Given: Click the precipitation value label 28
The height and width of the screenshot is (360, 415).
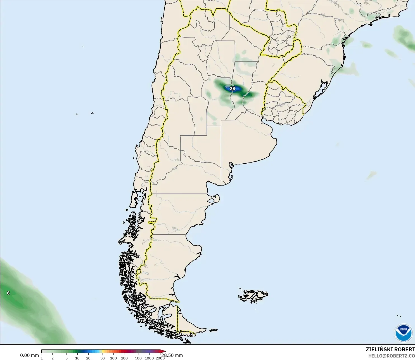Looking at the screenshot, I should point(233,89).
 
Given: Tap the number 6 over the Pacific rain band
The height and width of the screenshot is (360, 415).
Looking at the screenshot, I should point(8,293).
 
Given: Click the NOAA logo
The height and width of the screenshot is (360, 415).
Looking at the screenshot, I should point(403,333).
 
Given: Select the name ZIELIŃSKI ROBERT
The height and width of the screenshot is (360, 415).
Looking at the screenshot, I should point(390,349).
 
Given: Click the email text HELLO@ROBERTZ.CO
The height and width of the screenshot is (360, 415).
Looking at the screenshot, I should point(391,356).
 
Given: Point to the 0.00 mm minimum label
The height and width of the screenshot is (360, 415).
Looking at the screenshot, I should point(29,355).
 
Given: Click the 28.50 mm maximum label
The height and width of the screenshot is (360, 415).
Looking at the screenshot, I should point(172,355).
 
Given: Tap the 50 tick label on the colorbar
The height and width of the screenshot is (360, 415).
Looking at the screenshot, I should point(102,358).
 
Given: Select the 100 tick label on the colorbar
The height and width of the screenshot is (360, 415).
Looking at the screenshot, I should point(113,358).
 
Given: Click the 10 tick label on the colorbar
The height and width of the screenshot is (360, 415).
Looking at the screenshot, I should point(77,358).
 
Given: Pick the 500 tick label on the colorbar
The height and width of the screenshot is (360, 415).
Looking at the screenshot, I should point(138,358).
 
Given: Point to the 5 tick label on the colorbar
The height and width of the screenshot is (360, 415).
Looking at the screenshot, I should point(67,358).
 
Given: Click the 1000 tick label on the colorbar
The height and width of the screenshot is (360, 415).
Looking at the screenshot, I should point(149,358).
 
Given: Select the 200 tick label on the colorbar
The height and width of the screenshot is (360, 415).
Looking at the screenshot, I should point(124,358).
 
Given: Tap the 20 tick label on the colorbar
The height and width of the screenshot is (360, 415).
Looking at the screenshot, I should point(88,358).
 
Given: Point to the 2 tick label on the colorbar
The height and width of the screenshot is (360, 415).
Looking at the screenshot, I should point(52,358).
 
